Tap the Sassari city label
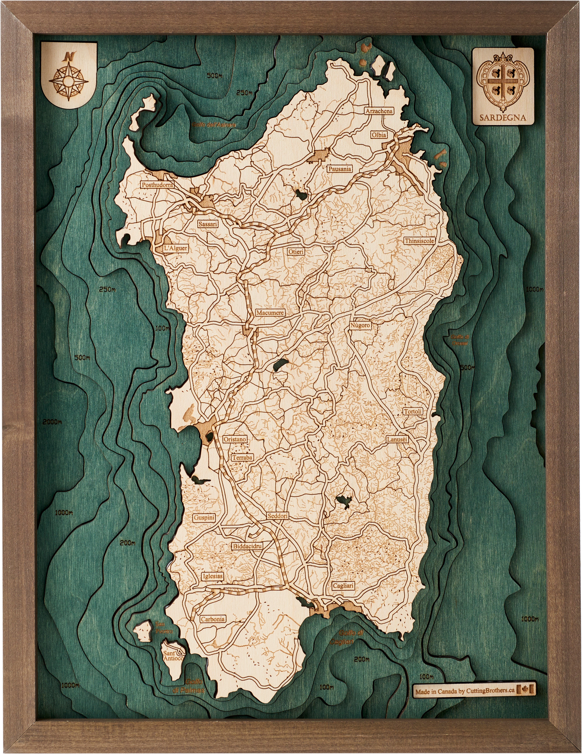coord(208,224)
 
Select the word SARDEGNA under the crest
coord(503,117)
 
